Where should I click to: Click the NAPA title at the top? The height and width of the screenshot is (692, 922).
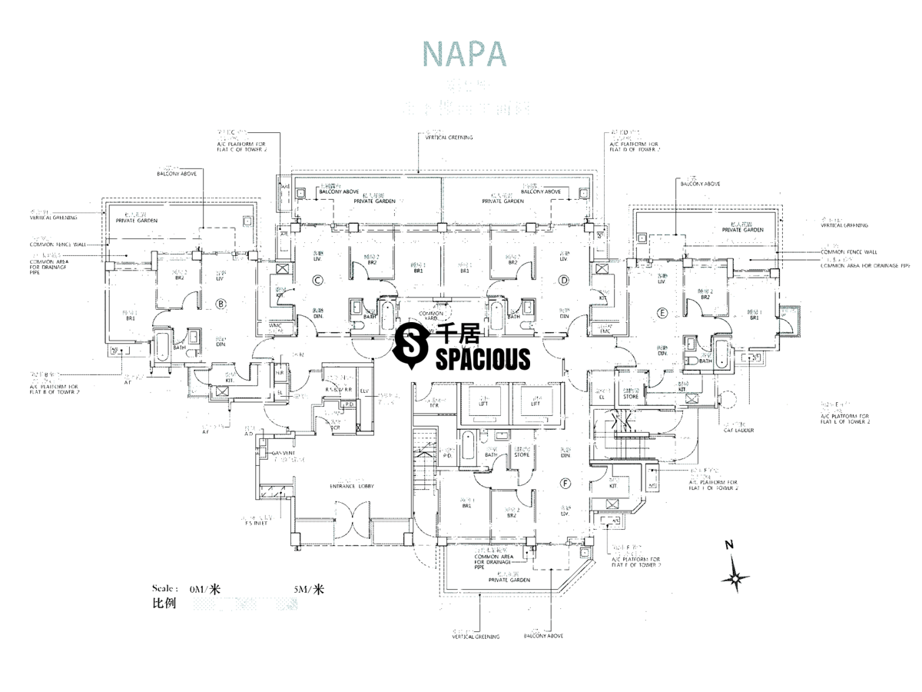(x=464, y=54)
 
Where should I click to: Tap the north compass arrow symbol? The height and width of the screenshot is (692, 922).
(x=735, y=573)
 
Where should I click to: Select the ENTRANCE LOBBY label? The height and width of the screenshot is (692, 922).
(x=353, y=485)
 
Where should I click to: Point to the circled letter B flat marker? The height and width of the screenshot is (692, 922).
(x=222, y=304)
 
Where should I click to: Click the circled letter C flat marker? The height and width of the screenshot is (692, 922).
(x=317, y=281)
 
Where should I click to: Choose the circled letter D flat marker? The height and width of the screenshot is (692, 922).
(x=564, y=281)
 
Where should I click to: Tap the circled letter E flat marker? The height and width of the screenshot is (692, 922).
(x=662, y=313)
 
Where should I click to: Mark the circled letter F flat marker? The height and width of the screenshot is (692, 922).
(x=566, y=484)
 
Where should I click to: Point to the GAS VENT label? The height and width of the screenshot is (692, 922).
(x=284, y=454)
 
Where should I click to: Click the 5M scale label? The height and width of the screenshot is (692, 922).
(x=309, y=590)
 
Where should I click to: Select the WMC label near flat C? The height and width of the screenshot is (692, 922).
(x=275, y=326)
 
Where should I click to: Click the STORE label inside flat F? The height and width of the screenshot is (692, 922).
(x=522, y=454)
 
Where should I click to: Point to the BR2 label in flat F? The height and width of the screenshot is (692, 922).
(x=511, y=516)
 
